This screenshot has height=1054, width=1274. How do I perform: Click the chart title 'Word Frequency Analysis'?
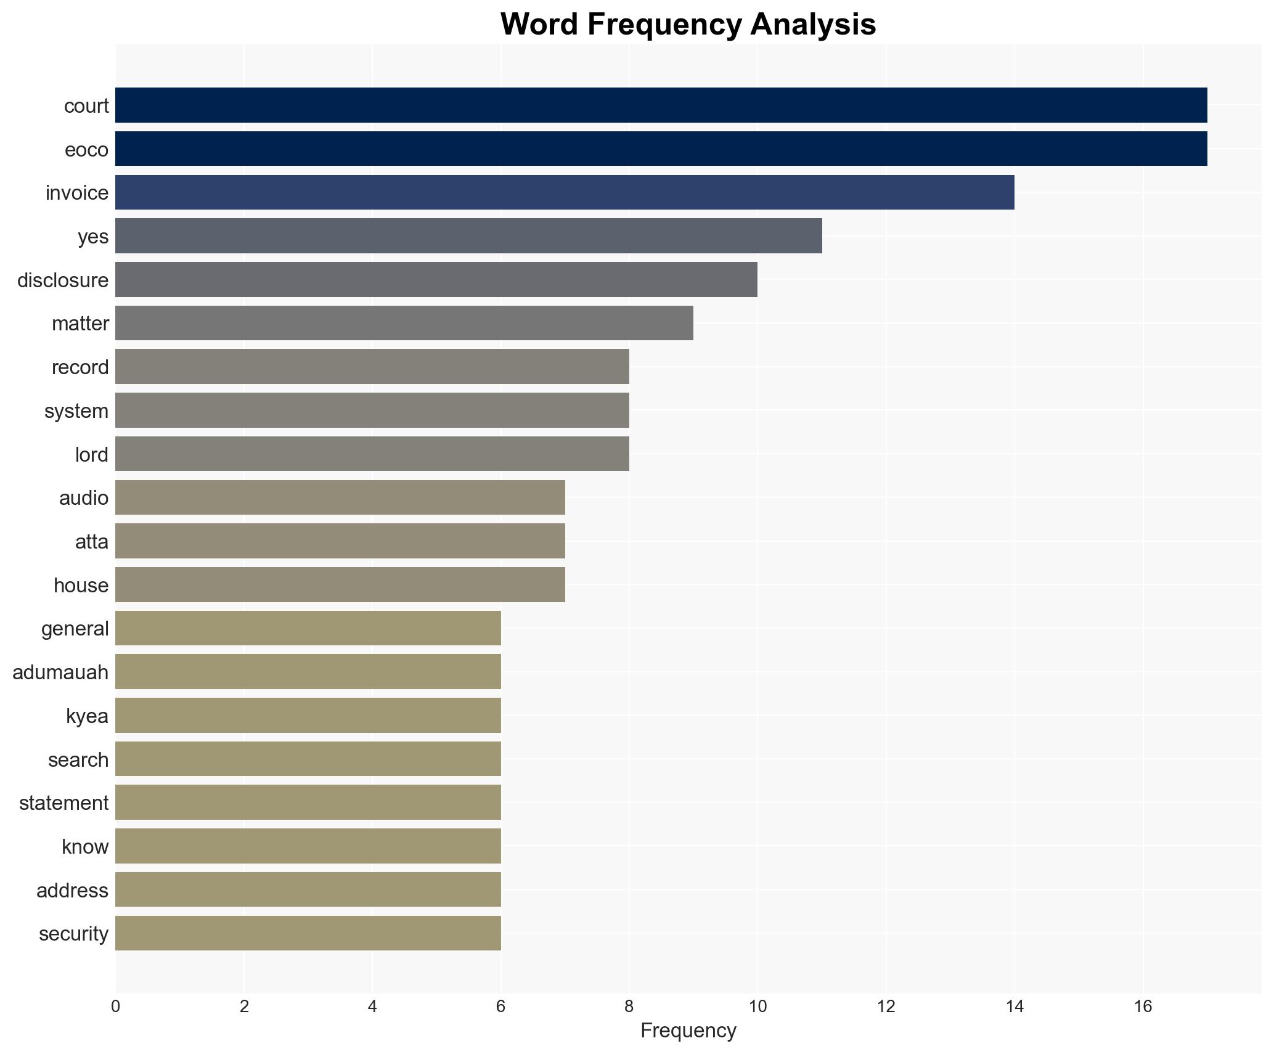point(688,25)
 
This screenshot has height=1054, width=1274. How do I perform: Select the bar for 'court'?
point(661,105)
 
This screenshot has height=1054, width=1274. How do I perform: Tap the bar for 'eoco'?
point(661,149)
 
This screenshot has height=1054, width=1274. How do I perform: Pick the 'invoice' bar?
point(565,192)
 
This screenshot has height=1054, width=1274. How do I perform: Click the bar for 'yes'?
point(468,236)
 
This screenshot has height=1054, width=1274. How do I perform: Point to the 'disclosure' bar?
point(436,280)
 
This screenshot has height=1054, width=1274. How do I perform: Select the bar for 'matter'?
point(404,323)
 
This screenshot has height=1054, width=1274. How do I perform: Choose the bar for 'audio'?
point(340,497)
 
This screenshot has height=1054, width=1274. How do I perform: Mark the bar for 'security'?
point(308,933)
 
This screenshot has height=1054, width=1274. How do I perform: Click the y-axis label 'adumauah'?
point(60,672)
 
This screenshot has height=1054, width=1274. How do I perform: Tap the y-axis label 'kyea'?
point(87,716)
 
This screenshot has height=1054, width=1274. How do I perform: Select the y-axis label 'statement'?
point(63,803)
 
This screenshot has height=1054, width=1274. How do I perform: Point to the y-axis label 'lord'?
point(91,454)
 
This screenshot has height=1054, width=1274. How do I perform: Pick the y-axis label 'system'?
point(76,411)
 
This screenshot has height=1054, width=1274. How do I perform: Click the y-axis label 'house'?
point(81,585)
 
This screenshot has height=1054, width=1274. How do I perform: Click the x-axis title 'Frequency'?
point(688,1031)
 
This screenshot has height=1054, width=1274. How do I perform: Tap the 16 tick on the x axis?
point(1143,1007)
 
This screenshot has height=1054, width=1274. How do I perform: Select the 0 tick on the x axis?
point(116,1007)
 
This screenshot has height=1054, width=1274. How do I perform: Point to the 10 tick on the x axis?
point(757,1007)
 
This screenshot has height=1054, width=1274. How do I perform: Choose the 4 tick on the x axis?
point(372,1007)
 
